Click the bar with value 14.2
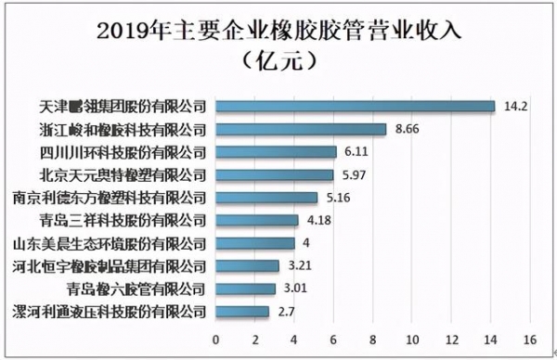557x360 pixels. pyautogui.click(x=355, y=106)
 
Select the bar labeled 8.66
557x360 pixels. pyautogui.click(x=301, y=129)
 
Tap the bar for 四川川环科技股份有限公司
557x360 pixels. pyautogui.click(x=276, y=151)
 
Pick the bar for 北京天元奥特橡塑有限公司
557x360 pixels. pyautogui.click(x=274, y=174)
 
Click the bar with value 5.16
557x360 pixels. pyautogui.click(x=266, y=198)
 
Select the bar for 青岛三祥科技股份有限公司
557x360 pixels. pyautogui.click(x=256, y=220)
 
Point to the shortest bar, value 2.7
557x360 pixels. pyautogui.click(x=242, y=312)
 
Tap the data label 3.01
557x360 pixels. pyautogui.click(x=290, y=289)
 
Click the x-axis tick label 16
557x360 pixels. pyautogui.click(x=530, y=339)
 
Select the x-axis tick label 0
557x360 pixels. pyautogui.click(x=215, y=339)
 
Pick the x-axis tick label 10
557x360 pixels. pyautogui.click(x=411, y=339)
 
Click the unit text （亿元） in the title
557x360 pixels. pyautogui.click(x=279, y=61)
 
